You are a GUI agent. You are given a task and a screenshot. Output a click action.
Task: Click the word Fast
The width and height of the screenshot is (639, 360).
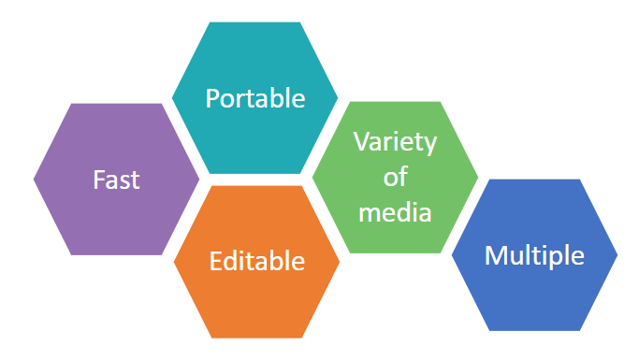[116, 179]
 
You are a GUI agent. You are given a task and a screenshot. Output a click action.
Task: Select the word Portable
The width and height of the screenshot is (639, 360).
[255, 98]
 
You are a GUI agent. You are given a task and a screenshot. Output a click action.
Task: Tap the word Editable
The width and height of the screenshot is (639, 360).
[257, 261]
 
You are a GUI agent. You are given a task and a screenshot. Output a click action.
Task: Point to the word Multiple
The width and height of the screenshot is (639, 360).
[534, 255]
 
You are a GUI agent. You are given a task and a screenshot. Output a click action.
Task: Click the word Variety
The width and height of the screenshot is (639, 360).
[394, 143]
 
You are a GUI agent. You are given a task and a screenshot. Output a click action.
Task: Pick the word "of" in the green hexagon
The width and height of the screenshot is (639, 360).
[395, 178]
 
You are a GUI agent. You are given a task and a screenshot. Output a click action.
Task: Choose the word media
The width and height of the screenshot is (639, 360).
[394, 212]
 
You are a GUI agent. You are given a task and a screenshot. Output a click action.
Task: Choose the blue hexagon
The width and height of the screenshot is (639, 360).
[534, 295]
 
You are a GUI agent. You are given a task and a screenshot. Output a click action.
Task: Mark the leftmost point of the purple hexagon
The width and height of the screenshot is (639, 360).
[34, 179]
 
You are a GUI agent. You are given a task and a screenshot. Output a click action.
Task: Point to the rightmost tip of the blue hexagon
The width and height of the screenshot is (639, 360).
[617, 254]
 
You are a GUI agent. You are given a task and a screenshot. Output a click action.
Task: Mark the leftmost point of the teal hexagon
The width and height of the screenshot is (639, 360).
[172, 96]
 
